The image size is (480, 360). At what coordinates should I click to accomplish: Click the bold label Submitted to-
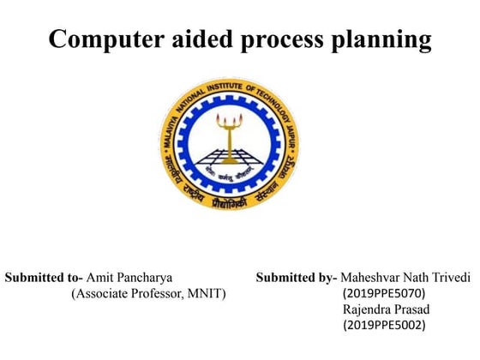tap(44, 278)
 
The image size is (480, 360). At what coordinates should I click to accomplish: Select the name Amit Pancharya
tap(130, 278)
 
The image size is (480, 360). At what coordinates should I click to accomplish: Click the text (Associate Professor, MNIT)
tap(148, 294)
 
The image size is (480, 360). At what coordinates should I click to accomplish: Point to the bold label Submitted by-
tap(296, 278)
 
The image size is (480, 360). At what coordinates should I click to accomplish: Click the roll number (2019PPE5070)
tap(383, 294)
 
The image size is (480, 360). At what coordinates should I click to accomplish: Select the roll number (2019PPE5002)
tap(383, 325)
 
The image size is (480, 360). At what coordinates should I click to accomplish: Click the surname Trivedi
tap(452, 278)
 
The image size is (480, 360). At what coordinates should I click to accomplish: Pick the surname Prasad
tap(408, 309)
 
